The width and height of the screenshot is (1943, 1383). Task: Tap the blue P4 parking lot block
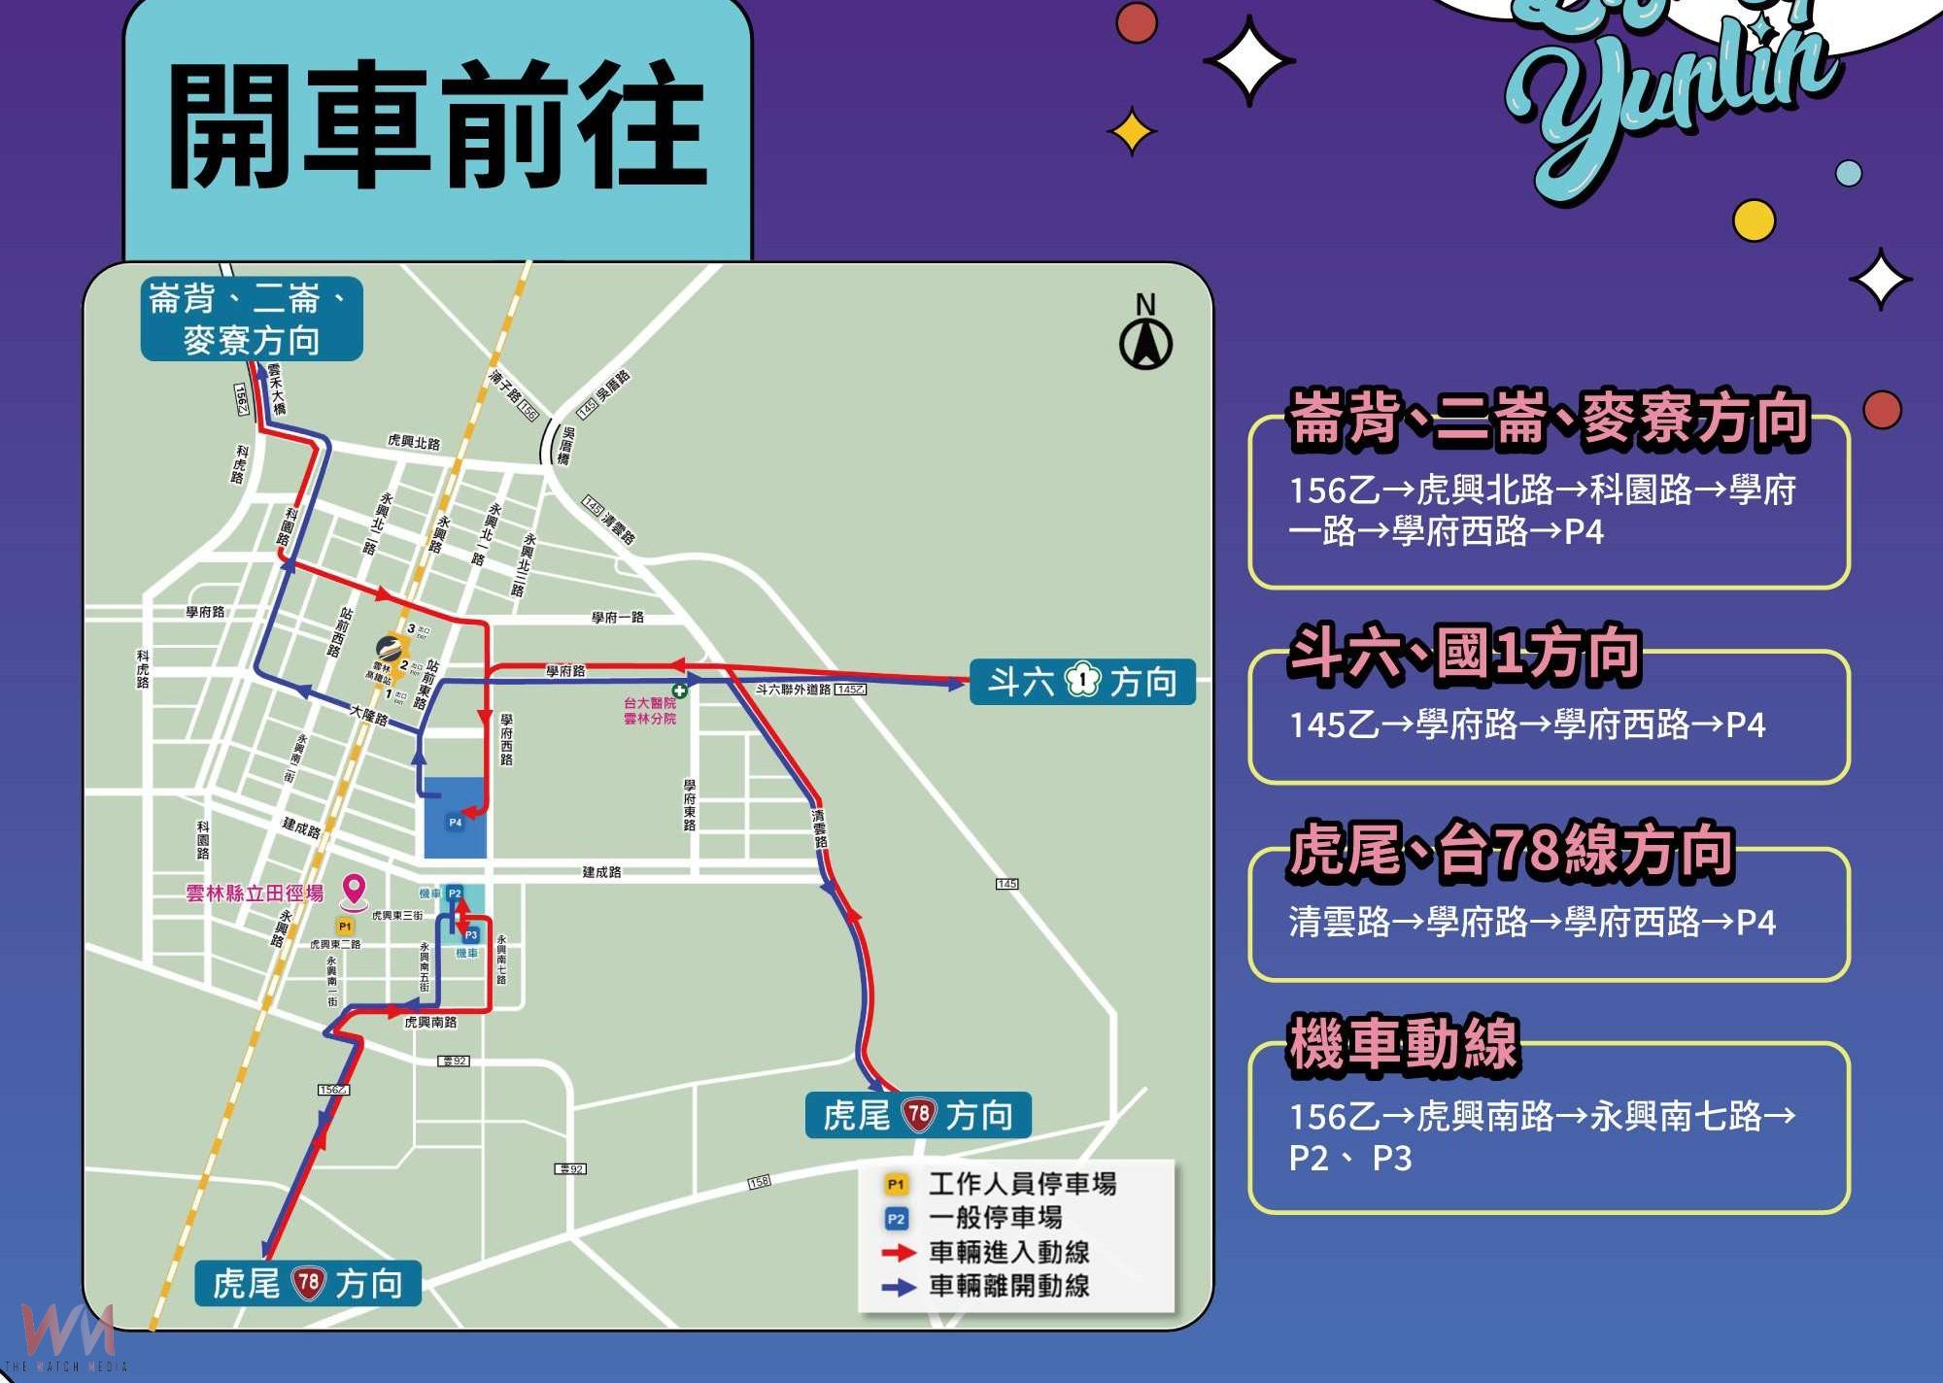click(x=455, y=818)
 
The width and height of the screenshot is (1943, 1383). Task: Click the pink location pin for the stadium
click(x=355, y=890)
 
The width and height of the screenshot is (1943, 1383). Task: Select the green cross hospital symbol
click(x=680, y=691)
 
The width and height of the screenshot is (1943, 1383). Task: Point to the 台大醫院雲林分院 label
click(x=649, y=711)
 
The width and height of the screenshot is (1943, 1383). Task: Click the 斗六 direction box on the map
click(x=1081, y=682)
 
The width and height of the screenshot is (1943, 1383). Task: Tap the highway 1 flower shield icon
click(x=1081, y=681)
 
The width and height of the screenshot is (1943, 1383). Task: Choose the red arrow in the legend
click(x=899, y=1253)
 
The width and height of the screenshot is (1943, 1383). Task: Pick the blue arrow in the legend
click(x=899, y=1287)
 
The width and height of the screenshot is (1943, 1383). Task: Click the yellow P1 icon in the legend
click(x=895, y=1185)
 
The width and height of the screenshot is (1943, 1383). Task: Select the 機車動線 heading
click(x=1403, y=1045)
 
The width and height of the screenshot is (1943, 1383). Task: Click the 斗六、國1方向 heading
click(x=1464, y=654)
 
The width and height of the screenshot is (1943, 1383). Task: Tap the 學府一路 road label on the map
click(x=618, y=618)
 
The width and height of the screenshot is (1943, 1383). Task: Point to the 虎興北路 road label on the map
click(x=414, y=442)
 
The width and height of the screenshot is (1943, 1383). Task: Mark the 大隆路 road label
click(x=369, y=715)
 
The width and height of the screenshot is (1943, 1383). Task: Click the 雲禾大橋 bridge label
click(x=277, y=388)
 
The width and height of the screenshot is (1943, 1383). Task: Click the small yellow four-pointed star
click(x=1132, y=132)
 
